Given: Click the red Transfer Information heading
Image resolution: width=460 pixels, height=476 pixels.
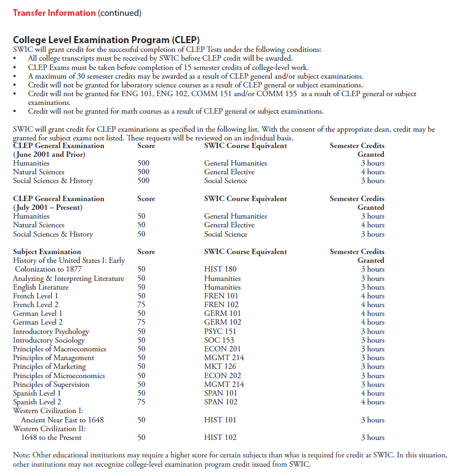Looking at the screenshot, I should click(x=54, y=13).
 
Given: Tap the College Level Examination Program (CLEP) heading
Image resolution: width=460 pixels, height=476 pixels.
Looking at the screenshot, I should click(x=106, y=40).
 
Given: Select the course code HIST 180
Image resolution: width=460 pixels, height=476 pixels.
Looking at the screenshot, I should click(x=220, y=269).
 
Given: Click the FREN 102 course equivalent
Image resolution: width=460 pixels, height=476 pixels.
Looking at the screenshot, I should click(x=221, y=304).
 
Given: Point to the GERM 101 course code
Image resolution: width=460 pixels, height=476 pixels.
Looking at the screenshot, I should click(x=222, y=313).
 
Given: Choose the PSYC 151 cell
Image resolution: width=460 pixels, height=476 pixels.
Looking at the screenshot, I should click(x=220, y=331).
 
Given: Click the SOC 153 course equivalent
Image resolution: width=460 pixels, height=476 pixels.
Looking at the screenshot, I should click(x=219, y=340).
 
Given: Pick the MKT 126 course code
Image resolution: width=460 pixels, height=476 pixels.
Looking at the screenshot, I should click(x=220, y=366).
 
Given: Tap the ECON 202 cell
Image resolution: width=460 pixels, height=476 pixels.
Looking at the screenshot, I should click(x=222, y=375).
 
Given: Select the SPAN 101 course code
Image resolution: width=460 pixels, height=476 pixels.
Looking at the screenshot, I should click(x=221, y=393).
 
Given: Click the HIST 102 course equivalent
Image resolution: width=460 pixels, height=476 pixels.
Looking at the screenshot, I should click(x=220, y=437).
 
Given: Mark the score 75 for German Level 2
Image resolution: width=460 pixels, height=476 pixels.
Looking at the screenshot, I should click(x=141, y=322).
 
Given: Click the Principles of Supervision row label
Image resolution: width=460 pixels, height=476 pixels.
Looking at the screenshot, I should click(x=51, y=384).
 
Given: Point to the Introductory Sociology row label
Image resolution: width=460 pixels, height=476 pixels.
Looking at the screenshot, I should click(x=49, y=340).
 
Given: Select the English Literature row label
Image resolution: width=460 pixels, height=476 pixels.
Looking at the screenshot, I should click(x=41, y=287).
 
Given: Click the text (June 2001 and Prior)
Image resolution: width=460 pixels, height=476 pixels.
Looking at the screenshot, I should click(x=49, y=154).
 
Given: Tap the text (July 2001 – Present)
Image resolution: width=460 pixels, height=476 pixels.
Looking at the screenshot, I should click(x=48, y=207).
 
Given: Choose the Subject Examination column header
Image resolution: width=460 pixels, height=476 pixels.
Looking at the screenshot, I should click(x=47, y=251).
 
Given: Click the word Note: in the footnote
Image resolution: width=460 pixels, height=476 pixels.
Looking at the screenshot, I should click(x=22, y=455).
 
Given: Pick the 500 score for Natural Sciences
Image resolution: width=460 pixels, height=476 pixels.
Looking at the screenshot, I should click(x=143, y=172).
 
